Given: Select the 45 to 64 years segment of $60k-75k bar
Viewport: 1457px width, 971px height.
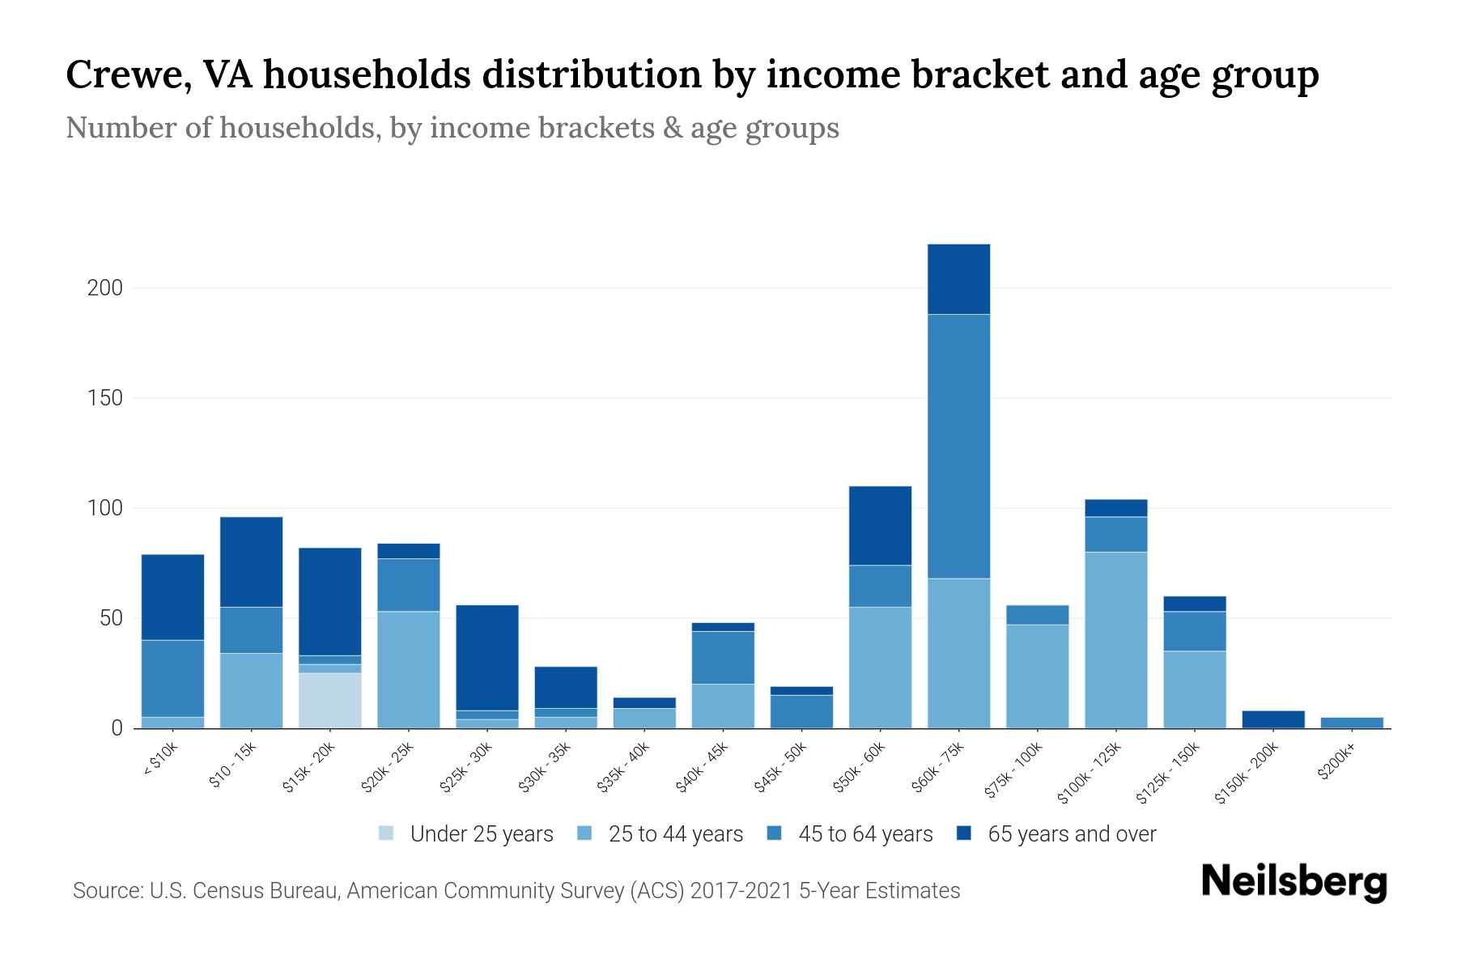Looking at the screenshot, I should (x=958, y=446).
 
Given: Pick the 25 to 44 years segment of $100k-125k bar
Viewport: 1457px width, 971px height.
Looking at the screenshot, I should (x=1115, y=639).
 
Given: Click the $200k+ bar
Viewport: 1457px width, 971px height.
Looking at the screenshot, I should (x=1351, y=723).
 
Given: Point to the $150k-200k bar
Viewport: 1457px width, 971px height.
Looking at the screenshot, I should (x=1272, y=719).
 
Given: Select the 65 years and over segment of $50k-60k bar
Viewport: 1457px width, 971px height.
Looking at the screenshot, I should (x=880, y=525).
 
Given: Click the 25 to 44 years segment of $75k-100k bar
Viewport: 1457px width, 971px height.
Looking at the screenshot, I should (x=1037, y=676).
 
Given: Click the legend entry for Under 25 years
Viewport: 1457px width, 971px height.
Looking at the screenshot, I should (x=481, y=834).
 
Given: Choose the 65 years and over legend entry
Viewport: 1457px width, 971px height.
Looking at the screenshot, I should (x=1071, y=834).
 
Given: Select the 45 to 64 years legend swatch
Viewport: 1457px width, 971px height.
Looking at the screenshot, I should (x=774, y=833).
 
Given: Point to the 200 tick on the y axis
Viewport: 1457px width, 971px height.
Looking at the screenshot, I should (x=104, y=288).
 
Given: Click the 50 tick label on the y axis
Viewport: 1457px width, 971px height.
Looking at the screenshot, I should (x=110, y=618).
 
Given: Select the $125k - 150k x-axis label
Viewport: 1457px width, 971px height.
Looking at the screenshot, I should (x=1168, y=773).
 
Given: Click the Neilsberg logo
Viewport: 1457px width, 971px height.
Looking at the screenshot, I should (x=1293, y=882).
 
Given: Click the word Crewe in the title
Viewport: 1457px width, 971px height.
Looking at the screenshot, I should (x=128, y=74).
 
